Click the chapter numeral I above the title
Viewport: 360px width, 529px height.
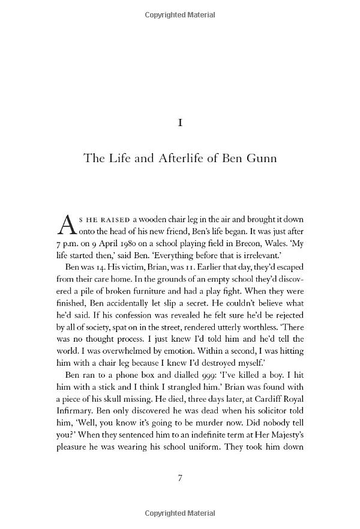(180, 123)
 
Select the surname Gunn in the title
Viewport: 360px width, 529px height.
(262, 160)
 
